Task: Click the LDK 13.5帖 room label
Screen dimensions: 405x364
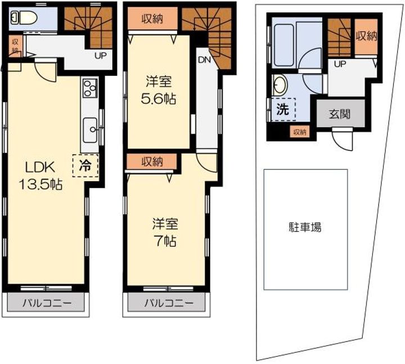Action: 40,176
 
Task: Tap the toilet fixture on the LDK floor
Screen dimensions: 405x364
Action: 24,18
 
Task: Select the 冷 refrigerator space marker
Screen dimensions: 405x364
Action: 85,165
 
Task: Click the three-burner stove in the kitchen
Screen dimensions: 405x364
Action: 89,87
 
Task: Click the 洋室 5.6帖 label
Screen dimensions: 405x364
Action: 159,90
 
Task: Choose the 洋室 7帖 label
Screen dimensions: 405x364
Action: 165,232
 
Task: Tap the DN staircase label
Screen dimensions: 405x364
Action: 204,60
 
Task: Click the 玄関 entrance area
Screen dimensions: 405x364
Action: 340,113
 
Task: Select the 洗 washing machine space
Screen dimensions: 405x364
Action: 283,110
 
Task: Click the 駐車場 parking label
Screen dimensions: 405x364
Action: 305,228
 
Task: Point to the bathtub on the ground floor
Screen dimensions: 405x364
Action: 283,45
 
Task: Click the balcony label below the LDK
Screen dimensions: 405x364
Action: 47,303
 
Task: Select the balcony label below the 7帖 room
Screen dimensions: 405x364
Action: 169,303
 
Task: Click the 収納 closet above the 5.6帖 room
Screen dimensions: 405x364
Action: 152,19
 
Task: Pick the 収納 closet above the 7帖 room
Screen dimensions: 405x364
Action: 152,161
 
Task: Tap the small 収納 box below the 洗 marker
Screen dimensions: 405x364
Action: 300,132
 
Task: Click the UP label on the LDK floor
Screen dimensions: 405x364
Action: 101,56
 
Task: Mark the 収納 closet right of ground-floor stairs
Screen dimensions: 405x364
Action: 366,36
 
